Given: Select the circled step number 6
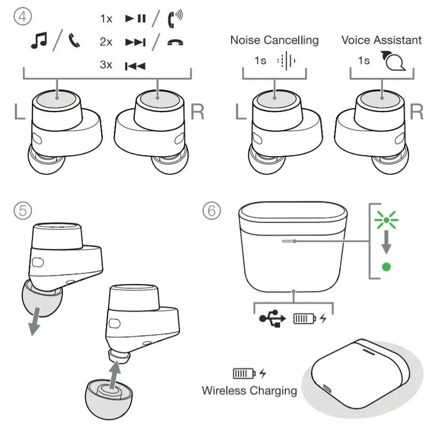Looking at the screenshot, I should tap(212, 210).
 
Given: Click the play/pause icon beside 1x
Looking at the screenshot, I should tap(135, 18).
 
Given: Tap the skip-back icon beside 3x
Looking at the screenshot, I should tap(135, 66).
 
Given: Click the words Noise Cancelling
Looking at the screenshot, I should tap(274, 40).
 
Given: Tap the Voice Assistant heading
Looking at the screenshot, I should tap(381, 40).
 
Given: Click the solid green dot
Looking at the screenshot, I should tap(386, 266).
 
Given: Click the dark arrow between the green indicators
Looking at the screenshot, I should tap(386, 243).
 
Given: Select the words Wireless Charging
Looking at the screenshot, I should tap(249, 390).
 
